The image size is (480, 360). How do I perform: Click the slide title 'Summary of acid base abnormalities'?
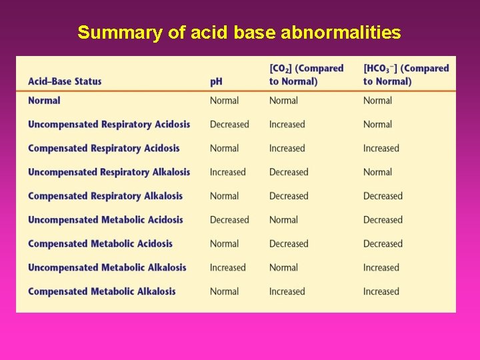coord(239,32)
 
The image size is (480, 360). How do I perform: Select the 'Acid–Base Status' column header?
coord(65,81)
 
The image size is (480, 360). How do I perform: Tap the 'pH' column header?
coord(216,81)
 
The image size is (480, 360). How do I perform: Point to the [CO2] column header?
coord(306,75)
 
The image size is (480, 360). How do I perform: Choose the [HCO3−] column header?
coord(405,75)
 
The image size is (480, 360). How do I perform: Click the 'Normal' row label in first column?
coord(44,101)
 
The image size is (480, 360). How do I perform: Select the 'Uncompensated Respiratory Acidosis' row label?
coord(109,124)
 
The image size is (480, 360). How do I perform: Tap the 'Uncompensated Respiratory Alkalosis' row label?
coord(109,172)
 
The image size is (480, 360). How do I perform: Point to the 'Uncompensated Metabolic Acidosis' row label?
coord(105,220)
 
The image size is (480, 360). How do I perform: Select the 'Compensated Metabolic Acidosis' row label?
coord(100,244)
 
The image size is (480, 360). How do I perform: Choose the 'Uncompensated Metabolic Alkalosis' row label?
coord(107,267)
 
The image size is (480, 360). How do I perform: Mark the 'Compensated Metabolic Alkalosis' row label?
coord(101,291)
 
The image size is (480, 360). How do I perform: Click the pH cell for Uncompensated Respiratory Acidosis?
coord(229,125)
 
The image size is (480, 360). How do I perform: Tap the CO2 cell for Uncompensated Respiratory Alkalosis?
coord(289,172)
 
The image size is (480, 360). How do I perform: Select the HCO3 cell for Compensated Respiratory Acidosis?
coord(381,149)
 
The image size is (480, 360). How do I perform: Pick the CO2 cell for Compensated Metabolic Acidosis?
coord(289,244)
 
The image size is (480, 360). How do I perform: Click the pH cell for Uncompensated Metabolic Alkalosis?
coord(228,268)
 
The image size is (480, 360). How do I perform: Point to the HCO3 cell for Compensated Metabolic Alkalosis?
coord(381,292)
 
